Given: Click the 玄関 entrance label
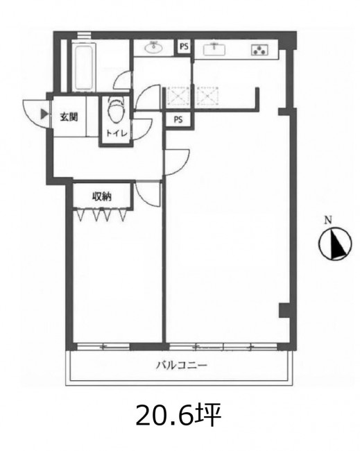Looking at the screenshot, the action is click(x=69, y=117).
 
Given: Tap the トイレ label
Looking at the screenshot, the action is click(x=117, y=133).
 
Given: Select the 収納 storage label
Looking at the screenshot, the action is click(x=102, y=196).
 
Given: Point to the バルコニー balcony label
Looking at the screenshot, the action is click(x=182, y=366).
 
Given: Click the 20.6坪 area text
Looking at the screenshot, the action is click(x=178, y=415).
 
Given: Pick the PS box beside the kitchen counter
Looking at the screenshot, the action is click(x=184, y=46).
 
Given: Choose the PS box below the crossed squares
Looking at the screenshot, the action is click(x=178, y=119).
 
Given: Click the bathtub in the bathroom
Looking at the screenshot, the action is click(x=84, y=67).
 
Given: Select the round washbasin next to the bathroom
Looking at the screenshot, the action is click(x=154, y=47).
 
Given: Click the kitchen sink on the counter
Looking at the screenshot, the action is click(x=214, y=49).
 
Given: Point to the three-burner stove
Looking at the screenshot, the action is click(x=260, y=50).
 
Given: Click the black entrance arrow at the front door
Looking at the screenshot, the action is click(x=44, y=114).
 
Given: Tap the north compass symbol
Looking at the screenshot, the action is click(x=335, y=244).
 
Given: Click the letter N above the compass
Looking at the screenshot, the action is click(x=328, y=221).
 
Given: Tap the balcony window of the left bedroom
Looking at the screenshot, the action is click(x=103, y=347).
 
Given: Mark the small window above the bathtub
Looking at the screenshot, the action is click(x=85, y=35).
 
